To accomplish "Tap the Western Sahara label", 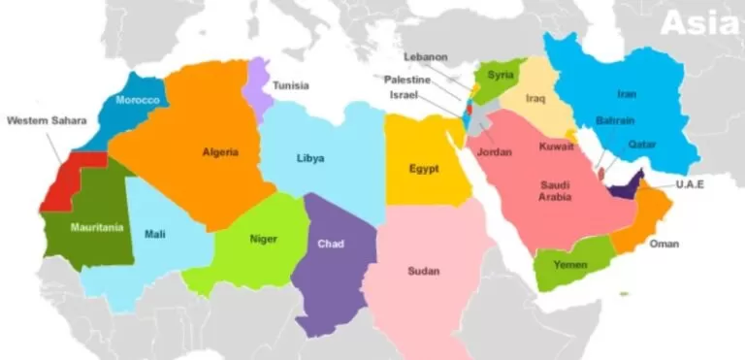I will [46, 121].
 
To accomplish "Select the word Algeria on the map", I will [219, 151].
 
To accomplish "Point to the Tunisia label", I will [290, 85].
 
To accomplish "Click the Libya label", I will [310, 158].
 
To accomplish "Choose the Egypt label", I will [424, 169].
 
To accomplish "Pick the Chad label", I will [331, 244].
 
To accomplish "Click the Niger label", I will [263, 239].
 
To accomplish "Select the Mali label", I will [154, 233].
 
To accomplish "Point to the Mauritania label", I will [96, 227].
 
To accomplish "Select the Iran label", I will [627, 94].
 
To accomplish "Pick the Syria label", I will [501, 75].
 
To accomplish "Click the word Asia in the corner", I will [698, 23].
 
